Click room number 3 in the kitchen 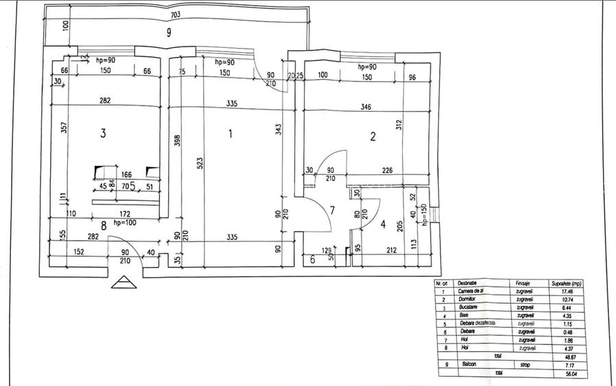(103, 134)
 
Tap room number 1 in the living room (230, 134)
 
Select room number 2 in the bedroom (372, 136)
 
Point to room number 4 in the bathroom (383, 224)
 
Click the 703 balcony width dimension (177, 13)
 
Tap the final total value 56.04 (561, 374)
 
